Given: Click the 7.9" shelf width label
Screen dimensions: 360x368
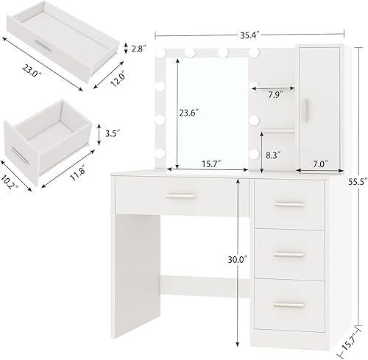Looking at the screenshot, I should pyautogui.click(x=275, y=94).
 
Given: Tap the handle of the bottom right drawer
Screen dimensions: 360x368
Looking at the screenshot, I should pyautogui.click(x=289, y=303).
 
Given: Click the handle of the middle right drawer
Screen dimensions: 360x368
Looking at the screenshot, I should pyautogui.click(x=289, y=254).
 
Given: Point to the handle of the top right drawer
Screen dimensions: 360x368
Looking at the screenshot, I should pyautogui.click(x=289, y=203).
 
